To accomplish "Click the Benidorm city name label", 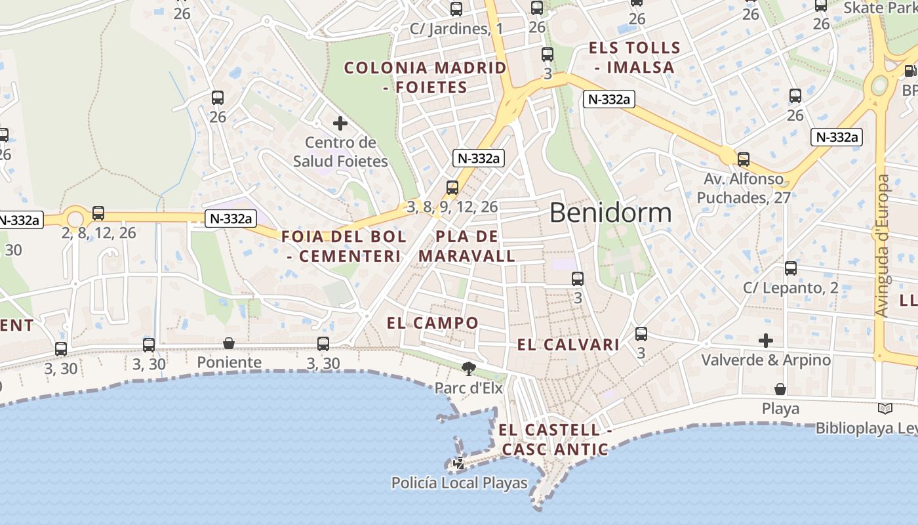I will (x=610, y=213).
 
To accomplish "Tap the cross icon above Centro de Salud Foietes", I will (x=340, y=123).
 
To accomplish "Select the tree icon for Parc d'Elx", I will (x=468, y=368).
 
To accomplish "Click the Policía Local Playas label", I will (x=459, y=483).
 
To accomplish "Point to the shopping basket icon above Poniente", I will (x=229, y=343).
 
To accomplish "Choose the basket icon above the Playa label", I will (x=780, y=389).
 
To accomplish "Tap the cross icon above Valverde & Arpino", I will (x=765, y=341).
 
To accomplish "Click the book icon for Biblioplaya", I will (x=885, y=408).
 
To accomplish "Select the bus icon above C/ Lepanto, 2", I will (x=791, y=268).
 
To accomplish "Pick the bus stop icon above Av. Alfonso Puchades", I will (x=743, y=159).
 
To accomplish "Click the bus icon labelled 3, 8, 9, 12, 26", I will (x=452, y=188).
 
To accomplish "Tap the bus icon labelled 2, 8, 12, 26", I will (x=98, y=213).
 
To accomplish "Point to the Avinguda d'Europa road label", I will (x=883, y=245).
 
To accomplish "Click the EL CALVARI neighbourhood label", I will (x=569, y=345).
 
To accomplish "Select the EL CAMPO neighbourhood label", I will (x=433, y=323).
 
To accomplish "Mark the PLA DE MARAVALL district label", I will (x=467, y=246).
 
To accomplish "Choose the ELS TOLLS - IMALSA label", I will (x=634, y=57).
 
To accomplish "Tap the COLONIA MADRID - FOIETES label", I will (x=426, y=77).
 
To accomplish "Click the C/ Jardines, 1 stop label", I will (x=456, y=29).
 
